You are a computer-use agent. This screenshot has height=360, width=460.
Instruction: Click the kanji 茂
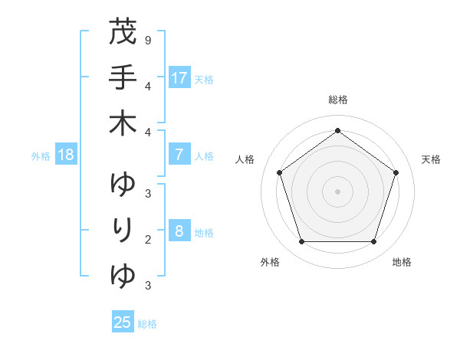tap(123, 33)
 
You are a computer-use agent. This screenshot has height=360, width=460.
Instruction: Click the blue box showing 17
tap(179, 77)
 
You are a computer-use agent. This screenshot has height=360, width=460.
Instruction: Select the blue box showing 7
tap(179, 155)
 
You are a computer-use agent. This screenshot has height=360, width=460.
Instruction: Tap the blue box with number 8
tap(179, 231)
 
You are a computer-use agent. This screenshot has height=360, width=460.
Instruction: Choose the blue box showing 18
tap(66, 155)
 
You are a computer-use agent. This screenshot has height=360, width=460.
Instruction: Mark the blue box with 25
tap(123, 322)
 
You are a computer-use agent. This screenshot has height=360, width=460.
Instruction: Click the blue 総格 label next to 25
tap(148, 324)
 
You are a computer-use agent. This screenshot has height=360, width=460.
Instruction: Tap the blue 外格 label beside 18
tap(41, 156)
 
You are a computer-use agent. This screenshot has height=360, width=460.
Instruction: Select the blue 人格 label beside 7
tap(204, 156)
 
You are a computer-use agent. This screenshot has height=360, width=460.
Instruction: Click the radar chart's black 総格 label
tap(338, 100)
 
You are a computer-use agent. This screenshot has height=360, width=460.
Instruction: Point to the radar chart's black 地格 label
tap(402, 262)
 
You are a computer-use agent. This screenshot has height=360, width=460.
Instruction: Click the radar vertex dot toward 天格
tap(396, 172)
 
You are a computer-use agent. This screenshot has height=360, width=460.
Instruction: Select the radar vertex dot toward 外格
tap(301, 242)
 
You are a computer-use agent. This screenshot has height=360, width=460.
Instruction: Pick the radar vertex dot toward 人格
tap(279, 172)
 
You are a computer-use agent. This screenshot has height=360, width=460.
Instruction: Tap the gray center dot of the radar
tap(337, 191)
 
